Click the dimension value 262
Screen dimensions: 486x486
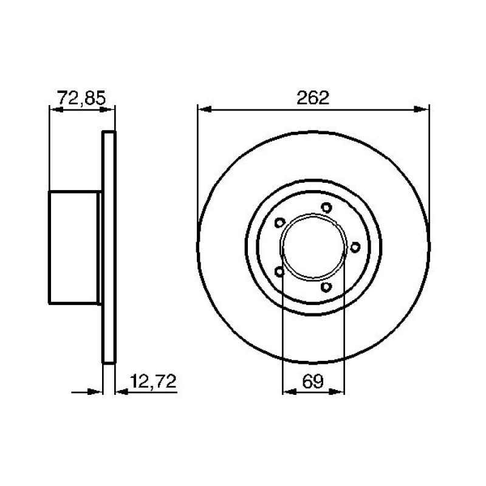(x=313, y=98)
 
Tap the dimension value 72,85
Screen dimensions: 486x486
(x=81, y=97)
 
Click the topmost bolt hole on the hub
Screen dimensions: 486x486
(x=326, y=208)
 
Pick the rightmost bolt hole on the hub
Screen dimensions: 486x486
(x=355, y=246)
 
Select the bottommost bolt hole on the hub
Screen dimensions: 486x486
(x=326, y=286)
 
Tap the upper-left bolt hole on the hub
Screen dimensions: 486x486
(x=279, y=222)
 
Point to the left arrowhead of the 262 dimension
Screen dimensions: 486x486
(x=204, y=109)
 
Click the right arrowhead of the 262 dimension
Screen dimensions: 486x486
(x=423, y=109)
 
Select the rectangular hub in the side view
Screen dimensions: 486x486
(x=74, y=247)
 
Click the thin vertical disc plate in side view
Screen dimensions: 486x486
(x=108, y=247)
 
